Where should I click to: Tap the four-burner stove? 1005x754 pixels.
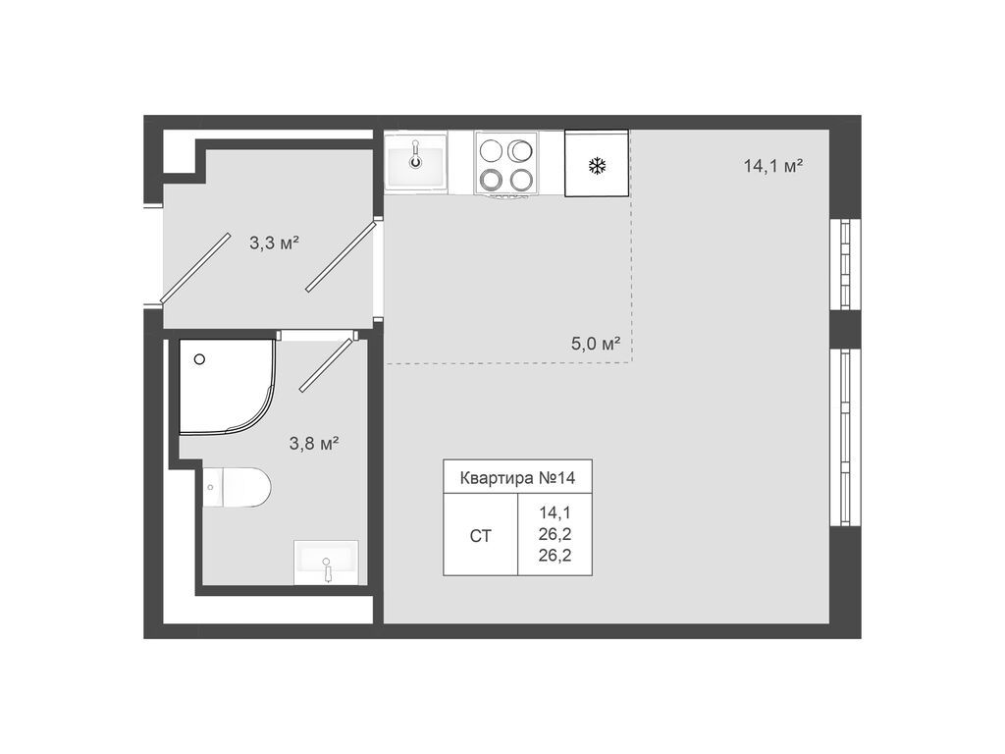coord(505,164)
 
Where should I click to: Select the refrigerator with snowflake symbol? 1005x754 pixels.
coord(596,164)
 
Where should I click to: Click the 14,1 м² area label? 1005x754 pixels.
coord(773,166)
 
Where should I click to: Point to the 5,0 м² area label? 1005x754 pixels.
coord(596,344)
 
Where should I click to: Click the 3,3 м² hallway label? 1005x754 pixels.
coord(274,242)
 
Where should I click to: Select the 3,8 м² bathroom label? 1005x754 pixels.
coord(313,443)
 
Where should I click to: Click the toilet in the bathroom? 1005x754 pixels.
coord(238,487)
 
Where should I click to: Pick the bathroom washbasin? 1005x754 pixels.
coord(326,563)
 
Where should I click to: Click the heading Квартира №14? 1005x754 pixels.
coord(517,478)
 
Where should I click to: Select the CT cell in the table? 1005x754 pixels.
coord(480,536)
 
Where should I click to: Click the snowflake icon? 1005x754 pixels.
coord(596,165)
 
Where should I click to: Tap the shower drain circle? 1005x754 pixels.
coord(200,359)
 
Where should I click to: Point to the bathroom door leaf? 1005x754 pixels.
coord(326,365)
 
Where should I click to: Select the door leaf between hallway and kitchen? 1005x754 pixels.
coord(340,256)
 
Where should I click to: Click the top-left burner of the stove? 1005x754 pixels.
coord(491,150)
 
